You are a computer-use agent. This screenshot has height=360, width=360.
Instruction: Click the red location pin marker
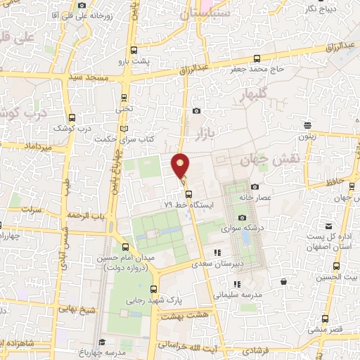[181, 166]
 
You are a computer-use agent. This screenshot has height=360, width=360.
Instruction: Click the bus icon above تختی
[124, 98]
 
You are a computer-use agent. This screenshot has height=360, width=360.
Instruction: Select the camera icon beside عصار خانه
[255, 186]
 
